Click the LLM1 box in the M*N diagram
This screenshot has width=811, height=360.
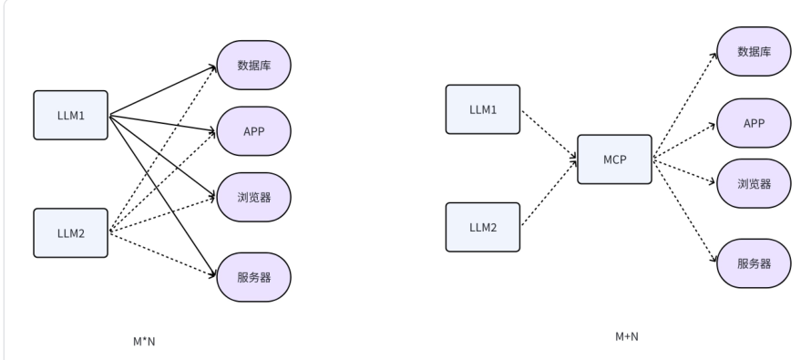(71, 116)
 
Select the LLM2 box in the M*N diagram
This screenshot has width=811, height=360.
(71, 233)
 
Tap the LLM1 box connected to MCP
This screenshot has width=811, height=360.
(483, 109)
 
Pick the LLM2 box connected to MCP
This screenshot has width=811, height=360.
(483, 228)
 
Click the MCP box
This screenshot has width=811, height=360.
(614, 159)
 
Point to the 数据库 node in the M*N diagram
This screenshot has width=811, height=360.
(254, 66)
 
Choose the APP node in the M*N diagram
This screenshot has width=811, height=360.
(254, 131)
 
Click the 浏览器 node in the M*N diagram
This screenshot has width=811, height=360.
(254, 197)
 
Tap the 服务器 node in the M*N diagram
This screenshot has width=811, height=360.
(254, 277)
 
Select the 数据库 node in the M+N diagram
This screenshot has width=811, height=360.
(754, 51)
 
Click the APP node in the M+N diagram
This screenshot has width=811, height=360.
(754, 123)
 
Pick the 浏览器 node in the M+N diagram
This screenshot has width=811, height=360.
(754, 183)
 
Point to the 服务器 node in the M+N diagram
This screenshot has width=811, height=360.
(754, 263)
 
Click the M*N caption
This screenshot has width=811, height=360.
(144, 342)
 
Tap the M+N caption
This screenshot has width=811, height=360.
(627, 336)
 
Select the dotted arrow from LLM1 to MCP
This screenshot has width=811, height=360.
(549, 134)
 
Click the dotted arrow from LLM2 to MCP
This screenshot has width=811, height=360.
(549, 192)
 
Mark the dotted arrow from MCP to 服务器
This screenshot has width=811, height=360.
(685, 210)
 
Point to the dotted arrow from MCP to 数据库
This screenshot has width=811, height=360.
(685, 105)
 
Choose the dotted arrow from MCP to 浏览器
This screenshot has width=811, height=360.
(684, 171)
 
